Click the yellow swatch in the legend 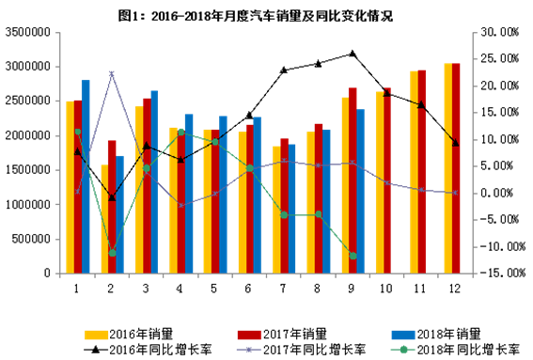click(97, 335)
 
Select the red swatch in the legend click(249, 335)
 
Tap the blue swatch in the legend click(403, 335)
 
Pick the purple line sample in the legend click(248, 350)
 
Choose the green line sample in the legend click(403, 350)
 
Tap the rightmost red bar click(457, 168)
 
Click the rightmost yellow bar click(448, 168)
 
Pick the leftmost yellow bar click(70, 187)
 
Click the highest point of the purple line click(112, 73)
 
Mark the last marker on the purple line click(456, 193)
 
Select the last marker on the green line click(353, 256)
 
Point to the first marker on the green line click(77, 132)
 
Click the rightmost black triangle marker click(456, 143)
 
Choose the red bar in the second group click(112, 207)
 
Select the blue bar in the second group click(119, 214)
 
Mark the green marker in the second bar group click(112, 253)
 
